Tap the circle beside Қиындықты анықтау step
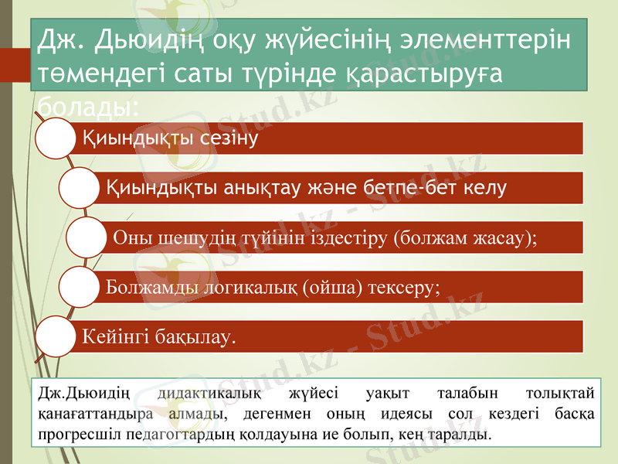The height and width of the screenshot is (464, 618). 79,188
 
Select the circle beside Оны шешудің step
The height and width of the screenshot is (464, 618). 86,237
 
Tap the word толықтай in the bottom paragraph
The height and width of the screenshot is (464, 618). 559,394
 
